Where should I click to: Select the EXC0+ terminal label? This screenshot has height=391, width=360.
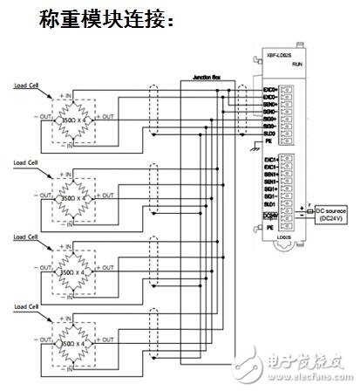(268, 89)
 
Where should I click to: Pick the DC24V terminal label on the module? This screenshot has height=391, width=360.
(270, 215)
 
